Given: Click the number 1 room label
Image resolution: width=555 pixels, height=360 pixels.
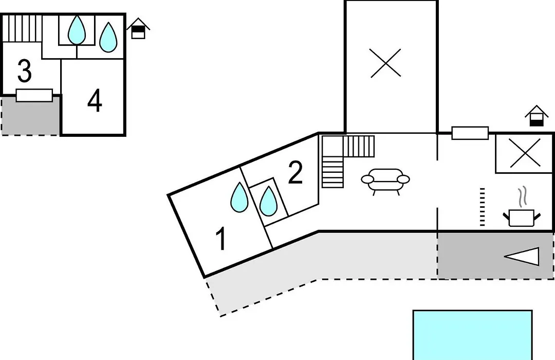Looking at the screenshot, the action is click(221, 239).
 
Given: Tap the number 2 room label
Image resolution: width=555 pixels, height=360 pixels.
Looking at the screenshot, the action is click(295, 173).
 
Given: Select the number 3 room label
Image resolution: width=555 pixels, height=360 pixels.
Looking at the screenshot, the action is click(25, 71).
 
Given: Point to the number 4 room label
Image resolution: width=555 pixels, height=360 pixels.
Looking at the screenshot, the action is click(95, 101).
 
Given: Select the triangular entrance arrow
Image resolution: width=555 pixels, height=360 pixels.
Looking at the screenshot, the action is click(522, 257).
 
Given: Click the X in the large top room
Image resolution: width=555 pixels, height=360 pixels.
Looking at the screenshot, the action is click(385, 63).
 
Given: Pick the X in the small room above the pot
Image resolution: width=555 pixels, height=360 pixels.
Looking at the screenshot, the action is click(525, 153).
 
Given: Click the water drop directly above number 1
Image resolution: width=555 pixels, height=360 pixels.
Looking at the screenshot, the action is click(239, 197).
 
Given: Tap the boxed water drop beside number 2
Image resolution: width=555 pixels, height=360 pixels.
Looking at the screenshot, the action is click(268, 201).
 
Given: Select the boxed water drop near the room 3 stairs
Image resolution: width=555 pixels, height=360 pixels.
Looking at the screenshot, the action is click(77, 30).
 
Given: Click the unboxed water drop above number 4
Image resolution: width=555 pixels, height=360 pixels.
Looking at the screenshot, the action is click(108, 37).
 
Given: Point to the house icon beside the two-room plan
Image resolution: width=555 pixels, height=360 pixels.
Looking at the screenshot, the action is click(138, 28).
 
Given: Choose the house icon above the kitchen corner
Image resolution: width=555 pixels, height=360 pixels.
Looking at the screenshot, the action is click(536, 116).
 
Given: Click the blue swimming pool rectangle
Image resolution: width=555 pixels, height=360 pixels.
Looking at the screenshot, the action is click(473, 335).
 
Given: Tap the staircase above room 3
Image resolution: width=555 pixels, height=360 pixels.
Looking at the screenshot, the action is click(22, 28).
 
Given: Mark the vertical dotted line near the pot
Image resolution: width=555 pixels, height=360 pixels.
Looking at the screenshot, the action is click(482, 207).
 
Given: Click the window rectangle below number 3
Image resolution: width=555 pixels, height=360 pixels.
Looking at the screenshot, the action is click(34, 95).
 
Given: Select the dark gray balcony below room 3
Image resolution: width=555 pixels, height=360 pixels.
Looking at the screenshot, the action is click(31, 116).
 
